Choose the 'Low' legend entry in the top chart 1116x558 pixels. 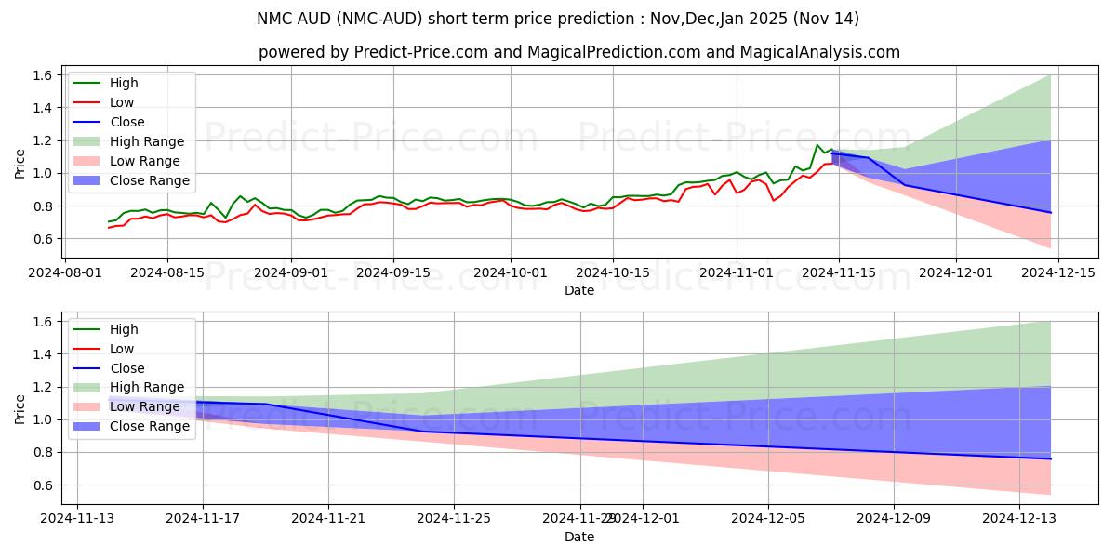point(122,102)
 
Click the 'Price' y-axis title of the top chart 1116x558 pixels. point(20,163)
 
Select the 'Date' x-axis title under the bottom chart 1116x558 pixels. point(579,537)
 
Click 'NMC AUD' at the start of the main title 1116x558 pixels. point(287,19)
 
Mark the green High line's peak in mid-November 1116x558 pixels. point(817,145)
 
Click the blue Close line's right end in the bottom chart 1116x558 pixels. point(1051,458)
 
